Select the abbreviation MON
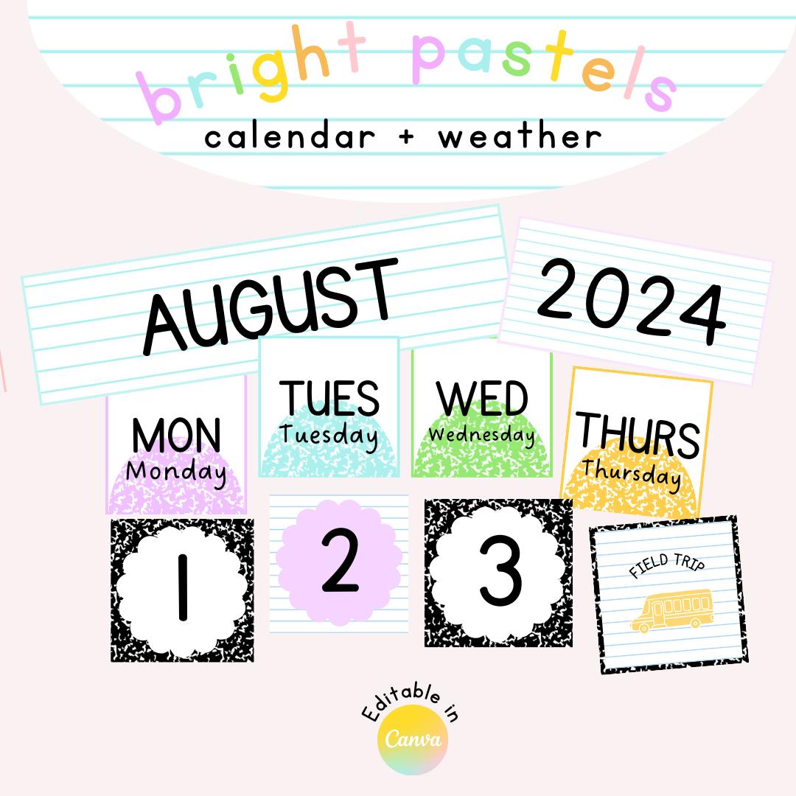176,434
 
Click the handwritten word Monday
176,471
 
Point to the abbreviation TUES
329,398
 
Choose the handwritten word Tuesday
329,435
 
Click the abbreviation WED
483,399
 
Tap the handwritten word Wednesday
482,434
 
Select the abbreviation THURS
638,434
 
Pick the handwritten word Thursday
632,472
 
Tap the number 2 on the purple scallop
340,562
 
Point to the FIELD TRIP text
667,567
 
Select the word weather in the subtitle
520,137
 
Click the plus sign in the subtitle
406,138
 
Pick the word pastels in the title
542,70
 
